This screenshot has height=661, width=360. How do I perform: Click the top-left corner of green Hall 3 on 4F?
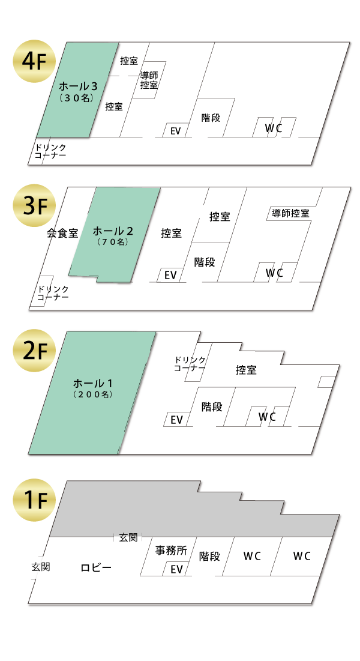[x=66, y=43]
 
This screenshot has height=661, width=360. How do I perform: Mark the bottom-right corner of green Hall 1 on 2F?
[x=118, y=454]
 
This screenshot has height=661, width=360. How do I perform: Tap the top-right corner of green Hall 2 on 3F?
[x=160, y=188]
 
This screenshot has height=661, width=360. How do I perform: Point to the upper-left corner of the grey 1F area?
[x=66, y=480]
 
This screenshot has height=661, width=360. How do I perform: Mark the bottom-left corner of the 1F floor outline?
[x=28, y=604]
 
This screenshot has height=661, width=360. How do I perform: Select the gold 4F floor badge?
[x=34, y=61]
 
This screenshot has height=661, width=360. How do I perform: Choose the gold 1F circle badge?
[x=34, y=500]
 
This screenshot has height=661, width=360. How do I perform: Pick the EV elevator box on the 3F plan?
[x=170, y=275]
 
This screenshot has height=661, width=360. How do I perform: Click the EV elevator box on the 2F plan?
[x=176, y=419]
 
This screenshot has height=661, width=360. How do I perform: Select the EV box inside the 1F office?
[x=176, y=569]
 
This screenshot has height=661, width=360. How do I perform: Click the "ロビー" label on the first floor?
[x=96, y=568]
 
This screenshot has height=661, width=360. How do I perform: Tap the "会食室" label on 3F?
[x=62, y=233]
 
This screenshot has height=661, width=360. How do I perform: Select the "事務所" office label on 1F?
[x=171, y=550]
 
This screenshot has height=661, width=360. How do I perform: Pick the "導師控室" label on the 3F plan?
[x=290, y=213]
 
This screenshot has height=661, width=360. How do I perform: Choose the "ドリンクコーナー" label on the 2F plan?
[x=190, y=364]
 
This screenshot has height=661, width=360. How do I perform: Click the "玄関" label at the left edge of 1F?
[x=41, y=567]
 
